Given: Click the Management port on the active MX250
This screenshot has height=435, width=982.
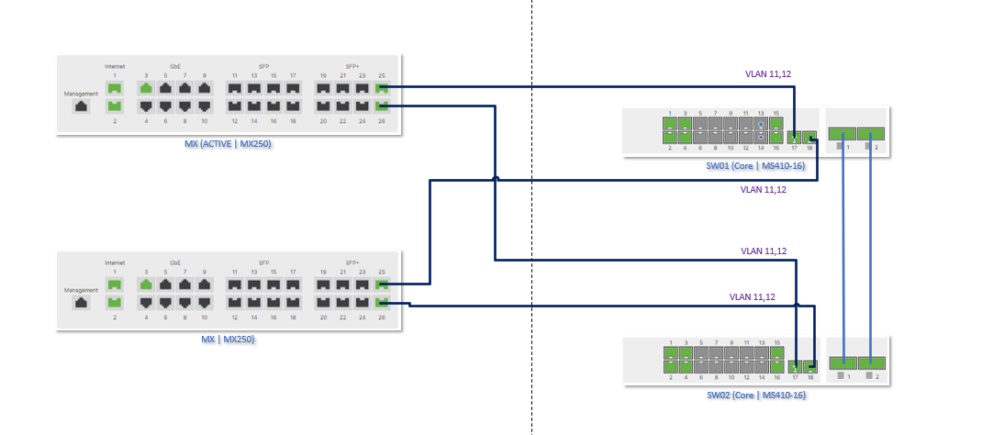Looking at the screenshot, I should click(81, 106).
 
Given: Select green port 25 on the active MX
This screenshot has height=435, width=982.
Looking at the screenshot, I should click(383, 89).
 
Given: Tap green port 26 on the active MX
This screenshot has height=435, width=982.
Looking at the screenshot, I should click(383, 106).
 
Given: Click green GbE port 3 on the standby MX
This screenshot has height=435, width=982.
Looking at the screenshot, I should click(146, 284).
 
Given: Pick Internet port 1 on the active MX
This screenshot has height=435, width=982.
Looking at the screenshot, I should click(115, 89).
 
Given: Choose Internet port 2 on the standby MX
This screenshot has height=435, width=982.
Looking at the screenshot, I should click(115, 302).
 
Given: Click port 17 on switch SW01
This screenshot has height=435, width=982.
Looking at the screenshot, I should click(795, 136).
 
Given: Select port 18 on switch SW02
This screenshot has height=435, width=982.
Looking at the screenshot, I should click(810, 366).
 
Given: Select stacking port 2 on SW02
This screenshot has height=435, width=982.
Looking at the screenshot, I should click(871, 362).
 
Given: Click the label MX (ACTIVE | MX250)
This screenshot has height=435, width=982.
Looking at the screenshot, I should click(229, 144).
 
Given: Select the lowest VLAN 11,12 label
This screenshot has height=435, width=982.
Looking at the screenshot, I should click(753, 296).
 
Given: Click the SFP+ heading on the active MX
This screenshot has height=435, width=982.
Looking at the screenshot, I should click(352, 66).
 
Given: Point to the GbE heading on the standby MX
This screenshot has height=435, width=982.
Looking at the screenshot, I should click(175, 262).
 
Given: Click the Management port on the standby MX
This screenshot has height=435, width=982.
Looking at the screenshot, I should click(81, 301).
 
